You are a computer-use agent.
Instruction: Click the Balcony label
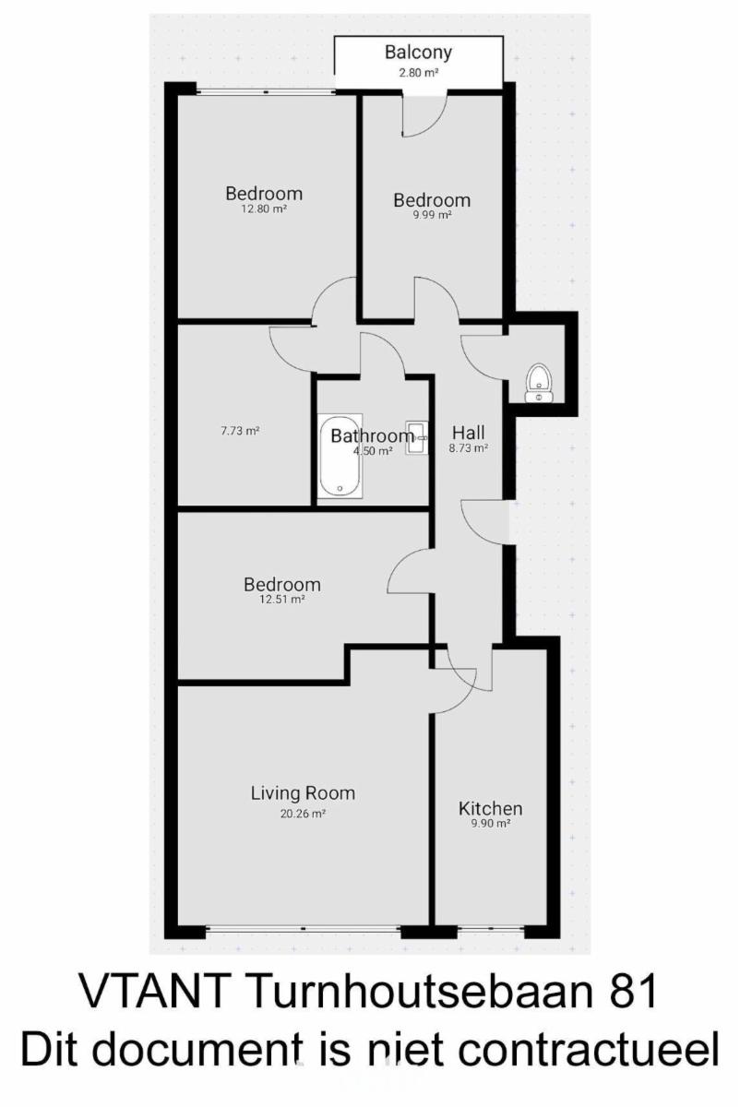coord(418,52)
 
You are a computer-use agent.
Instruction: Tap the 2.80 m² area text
coord(419,73)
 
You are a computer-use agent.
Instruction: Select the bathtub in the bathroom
coord(340,455)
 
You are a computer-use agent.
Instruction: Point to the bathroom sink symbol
coord(417,437)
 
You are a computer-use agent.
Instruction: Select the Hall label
coord(469,433)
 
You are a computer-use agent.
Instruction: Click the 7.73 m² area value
coord(240,431)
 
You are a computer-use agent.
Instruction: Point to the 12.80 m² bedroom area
coord(264,208)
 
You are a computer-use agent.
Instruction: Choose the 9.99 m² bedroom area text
coord(432,215)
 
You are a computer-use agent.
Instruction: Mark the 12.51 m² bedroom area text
coord(281,600)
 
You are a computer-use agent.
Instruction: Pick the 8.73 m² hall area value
coord(469,448)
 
